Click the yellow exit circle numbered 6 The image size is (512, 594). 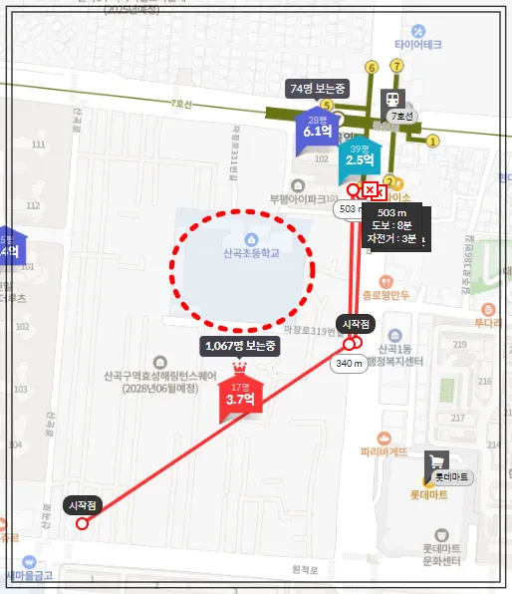tap(372, 67)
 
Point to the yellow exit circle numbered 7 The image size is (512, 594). tap(396, 66)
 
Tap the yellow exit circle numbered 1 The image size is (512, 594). tap(432, 142)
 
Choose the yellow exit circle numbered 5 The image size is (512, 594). tap(325, 105)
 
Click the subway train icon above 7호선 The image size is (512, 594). tap(393, 99)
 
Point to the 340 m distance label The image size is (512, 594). tap(349, 364)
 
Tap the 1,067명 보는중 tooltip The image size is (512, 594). tap(239, 346)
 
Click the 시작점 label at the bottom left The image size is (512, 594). tap(82, 505)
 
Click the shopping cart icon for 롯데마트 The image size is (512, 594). tap(435, 462)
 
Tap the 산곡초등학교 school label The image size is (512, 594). tap(250, 253)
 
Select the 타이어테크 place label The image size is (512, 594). tap(417, 44)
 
